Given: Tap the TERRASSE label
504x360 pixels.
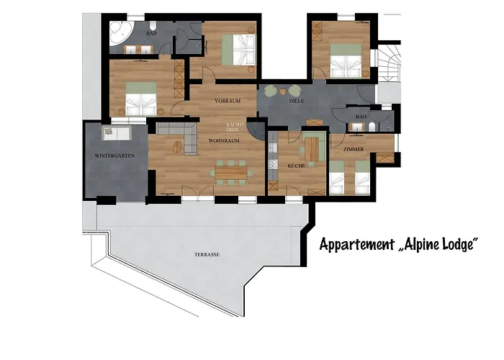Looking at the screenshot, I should point(207,256).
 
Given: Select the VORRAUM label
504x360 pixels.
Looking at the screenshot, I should point(226,102).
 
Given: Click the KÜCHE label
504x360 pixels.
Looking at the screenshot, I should point(296,166).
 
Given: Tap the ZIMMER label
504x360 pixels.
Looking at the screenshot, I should point(353,149).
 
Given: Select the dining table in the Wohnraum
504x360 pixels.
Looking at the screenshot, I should point(230,172).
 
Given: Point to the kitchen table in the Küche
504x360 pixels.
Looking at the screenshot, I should point(310,149).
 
